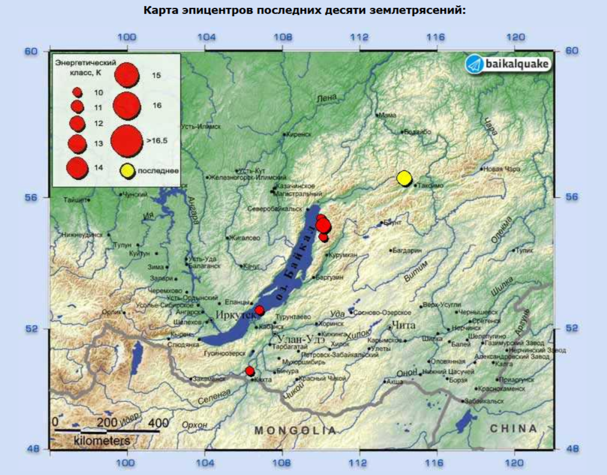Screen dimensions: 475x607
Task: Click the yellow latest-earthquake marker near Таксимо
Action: (404, 178)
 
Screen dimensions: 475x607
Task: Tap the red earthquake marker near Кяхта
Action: (250, 371)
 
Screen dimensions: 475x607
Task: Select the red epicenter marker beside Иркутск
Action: (259, 310)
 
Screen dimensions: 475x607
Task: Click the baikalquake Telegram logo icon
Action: (475, 64)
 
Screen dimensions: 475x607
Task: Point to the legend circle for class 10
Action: (77, 92)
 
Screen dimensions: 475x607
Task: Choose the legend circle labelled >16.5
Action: (126, 141)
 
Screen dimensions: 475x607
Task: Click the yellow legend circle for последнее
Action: (126, 171)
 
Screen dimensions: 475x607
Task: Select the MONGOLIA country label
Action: (295, 431)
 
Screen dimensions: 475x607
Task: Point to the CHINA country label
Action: (513, 428)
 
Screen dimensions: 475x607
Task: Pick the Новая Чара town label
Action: (502, 170)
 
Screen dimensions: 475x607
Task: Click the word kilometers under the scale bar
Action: (102, 441)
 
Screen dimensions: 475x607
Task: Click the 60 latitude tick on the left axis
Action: (31, 52)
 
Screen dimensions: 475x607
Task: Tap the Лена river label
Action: (327, 98)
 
